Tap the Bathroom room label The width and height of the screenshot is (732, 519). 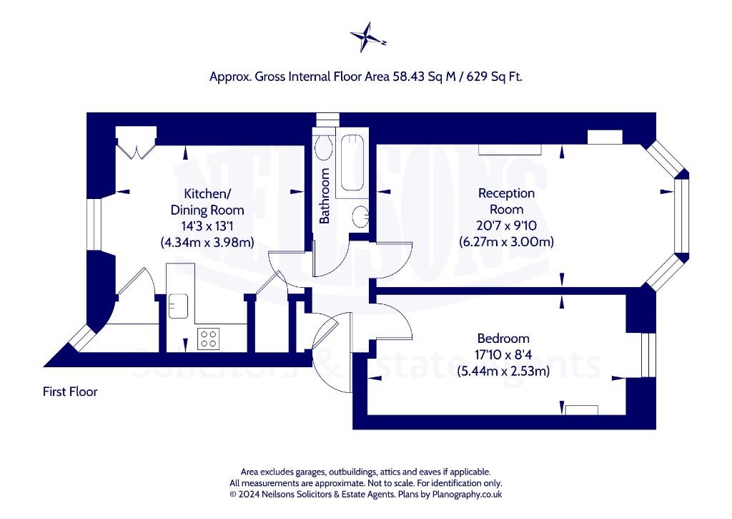[325, 195]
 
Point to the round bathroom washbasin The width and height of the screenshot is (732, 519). [360, 217]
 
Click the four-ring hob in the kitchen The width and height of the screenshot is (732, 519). [208, 339]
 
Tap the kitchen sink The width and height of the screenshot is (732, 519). [178, 306]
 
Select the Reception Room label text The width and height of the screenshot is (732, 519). [507, 201]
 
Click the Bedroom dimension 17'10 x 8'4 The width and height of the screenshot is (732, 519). [503, 355]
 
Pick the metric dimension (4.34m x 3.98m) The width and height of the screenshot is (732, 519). [207, 243]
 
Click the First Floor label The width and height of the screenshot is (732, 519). [70, 392]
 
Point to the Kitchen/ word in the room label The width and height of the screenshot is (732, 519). [207, 193]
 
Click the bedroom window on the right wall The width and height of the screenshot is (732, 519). [648, 355]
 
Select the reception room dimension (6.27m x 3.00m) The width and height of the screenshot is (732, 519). [507, 242]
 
